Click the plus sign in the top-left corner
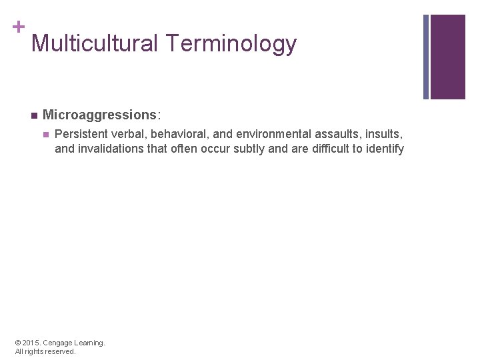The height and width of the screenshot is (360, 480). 18,27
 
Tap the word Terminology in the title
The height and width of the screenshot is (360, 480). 231,44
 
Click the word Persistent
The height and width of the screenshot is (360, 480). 80,133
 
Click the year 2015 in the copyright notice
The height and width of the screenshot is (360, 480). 31,343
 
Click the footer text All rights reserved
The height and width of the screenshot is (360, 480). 45,351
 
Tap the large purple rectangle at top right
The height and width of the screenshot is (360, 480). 447,57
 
